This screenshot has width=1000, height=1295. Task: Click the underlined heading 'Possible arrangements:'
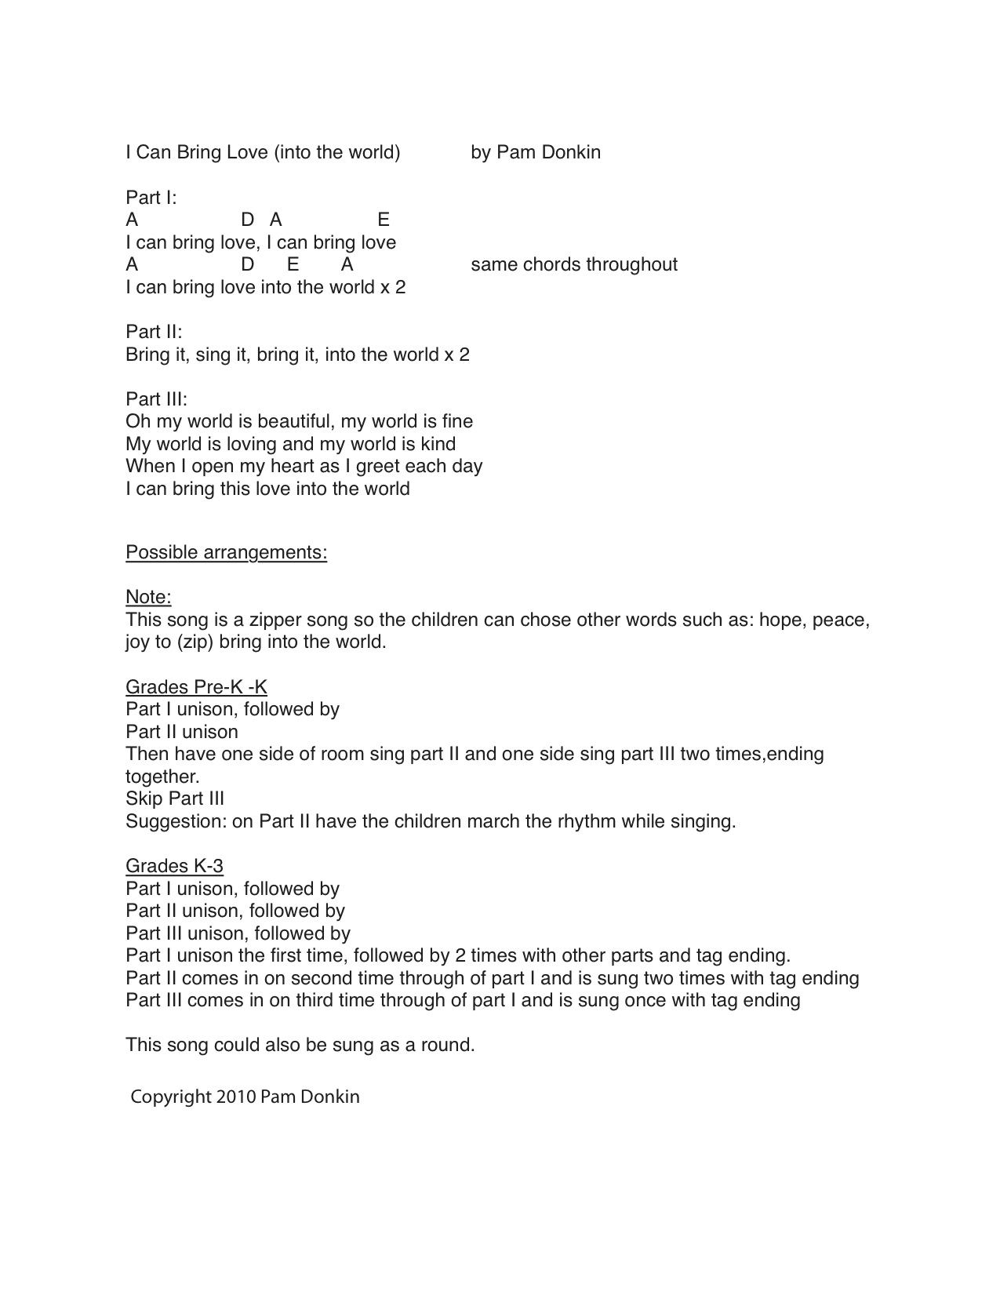[226, 552]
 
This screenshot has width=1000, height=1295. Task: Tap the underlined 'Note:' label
[148, 597]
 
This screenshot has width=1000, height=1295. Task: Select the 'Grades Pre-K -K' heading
[196, 687]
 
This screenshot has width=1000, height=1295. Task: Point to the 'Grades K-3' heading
[174, 866]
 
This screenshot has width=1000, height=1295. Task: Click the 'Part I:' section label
[151, 197]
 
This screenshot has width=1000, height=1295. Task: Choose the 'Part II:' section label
[154, 332]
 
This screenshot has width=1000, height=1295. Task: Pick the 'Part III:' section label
[156, 399]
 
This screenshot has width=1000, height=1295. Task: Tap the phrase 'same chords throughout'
[573, 264]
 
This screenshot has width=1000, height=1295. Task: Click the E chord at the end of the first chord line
[384, 220]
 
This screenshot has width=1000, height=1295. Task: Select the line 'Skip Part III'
[175, 798]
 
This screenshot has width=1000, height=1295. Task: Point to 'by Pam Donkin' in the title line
[536, 152]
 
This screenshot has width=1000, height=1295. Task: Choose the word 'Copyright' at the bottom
[171, 1097]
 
